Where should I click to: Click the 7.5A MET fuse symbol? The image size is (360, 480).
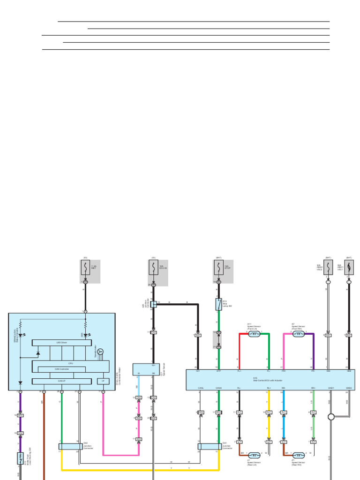click(85, 268)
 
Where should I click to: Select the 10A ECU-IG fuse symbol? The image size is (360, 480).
click(153, 268)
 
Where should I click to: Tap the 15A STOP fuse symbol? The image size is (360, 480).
click(218, 268)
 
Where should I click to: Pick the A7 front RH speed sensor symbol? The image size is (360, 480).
click(299, 334)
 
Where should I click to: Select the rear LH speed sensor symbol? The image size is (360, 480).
click(254, 455)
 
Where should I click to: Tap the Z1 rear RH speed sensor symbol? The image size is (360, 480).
click(299, 455)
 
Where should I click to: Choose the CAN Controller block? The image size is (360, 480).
click(61, 369)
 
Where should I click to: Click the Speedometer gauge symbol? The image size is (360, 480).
click(100, 351)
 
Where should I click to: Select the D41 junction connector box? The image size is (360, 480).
click(210, 447)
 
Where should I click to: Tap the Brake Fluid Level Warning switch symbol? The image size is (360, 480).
click(20, 458)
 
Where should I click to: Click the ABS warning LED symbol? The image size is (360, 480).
click(85, 335)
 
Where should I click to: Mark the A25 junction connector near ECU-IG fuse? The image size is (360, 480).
click(153, 304)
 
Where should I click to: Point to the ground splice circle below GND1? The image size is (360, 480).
click(331, 416)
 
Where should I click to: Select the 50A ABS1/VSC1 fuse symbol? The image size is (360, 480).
click(349, 268)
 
